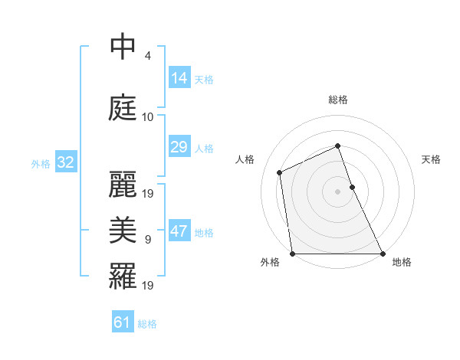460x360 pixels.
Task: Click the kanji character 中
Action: [x=123, y=47]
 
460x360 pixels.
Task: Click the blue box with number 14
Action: [x=179, y=77]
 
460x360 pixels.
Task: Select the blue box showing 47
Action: [x=179, y=231]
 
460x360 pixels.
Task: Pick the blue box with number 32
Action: [x=65, y=162]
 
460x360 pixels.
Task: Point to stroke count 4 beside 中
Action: [x=147, y=56]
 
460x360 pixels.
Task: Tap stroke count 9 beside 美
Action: [x=147, y=240]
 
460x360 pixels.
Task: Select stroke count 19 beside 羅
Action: [x=149, y=286]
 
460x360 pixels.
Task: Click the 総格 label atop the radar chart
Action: [x=338, y=100]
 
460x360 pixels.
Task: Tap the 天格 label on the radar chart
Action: [x=432, y=159]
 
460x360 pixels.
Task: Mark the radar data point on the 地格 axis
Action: [x=383, y=254]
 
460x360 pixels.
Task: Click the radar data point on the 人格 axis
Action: [x=280, y=172]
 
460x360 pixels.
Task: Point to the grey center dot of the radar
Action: [x=338, y=191]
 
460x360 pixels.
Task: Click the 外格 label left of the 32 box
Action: [x=40, y=164]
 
